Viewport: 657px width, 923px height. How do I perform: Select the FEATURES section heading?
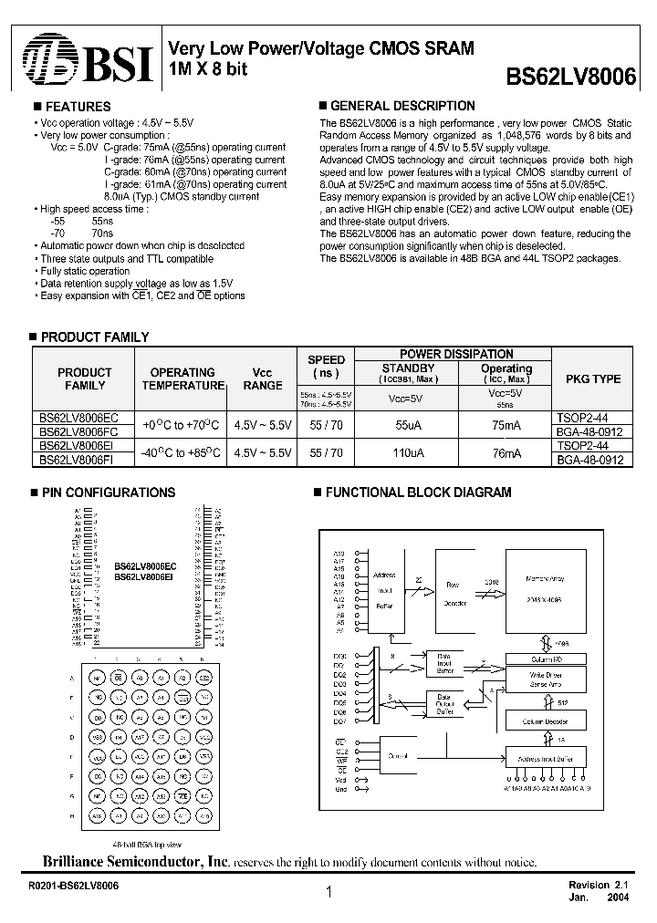78,107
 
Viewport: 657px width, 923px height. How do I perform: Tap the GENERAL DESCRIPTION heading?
401,106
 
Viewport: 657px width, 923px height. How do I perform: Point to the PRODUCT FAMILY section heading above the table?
94,337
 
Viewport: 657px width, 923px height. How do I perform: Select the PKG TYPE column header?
593,379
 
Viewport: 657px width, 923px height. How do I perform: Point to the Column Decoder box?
544,721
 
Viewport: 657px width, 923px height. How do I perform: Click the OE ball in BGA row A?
119,678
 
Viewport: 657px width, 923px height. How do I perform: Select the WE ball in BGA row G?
183,795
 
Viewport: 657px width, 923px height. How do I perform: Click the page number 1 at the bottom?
328,895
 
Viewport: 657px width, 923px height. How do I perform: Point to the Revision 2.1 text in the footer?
599,885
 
